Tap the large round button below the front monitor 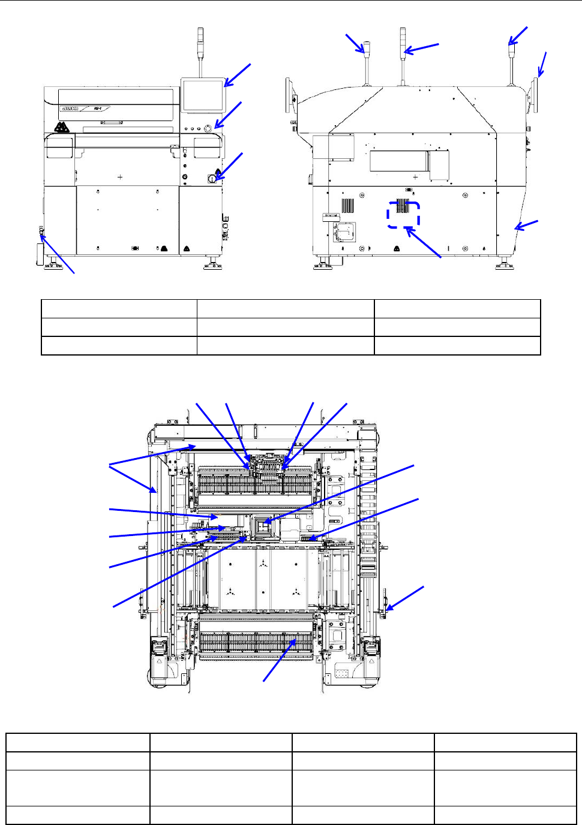tap(209, 128)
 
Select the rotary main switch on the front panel tap(212, 178)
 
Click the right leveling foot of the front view tap(213, 264)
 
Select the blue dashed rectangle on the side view tap(403, 214)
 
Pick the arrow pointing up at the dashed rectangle tap(424, 243)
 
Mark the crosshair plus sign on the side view tap(415, 177)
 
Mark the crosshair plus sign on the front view tap(121, 177)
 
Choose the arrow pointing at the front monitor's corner tap(238, 76)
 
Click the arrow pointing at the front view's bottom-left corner tap(57, 254)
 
